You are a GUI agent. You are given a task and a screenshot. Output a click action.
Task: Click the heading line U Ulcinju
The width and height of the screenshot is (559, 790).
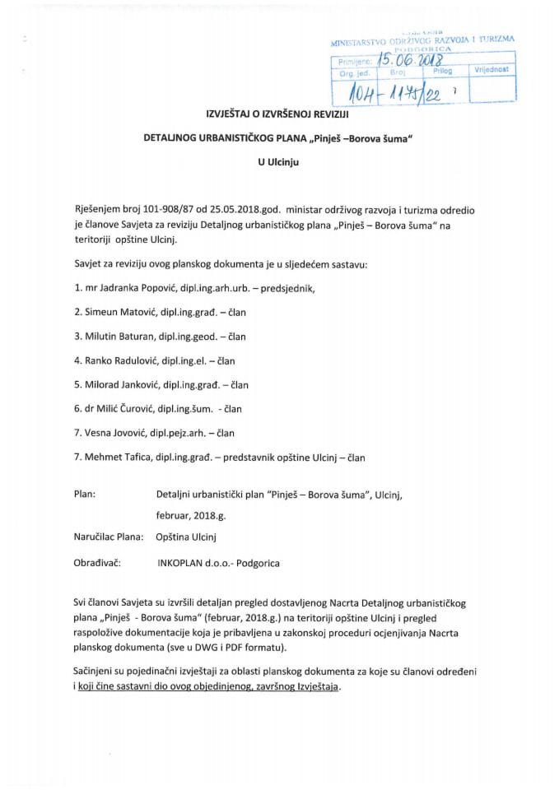tap(279, 163)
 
